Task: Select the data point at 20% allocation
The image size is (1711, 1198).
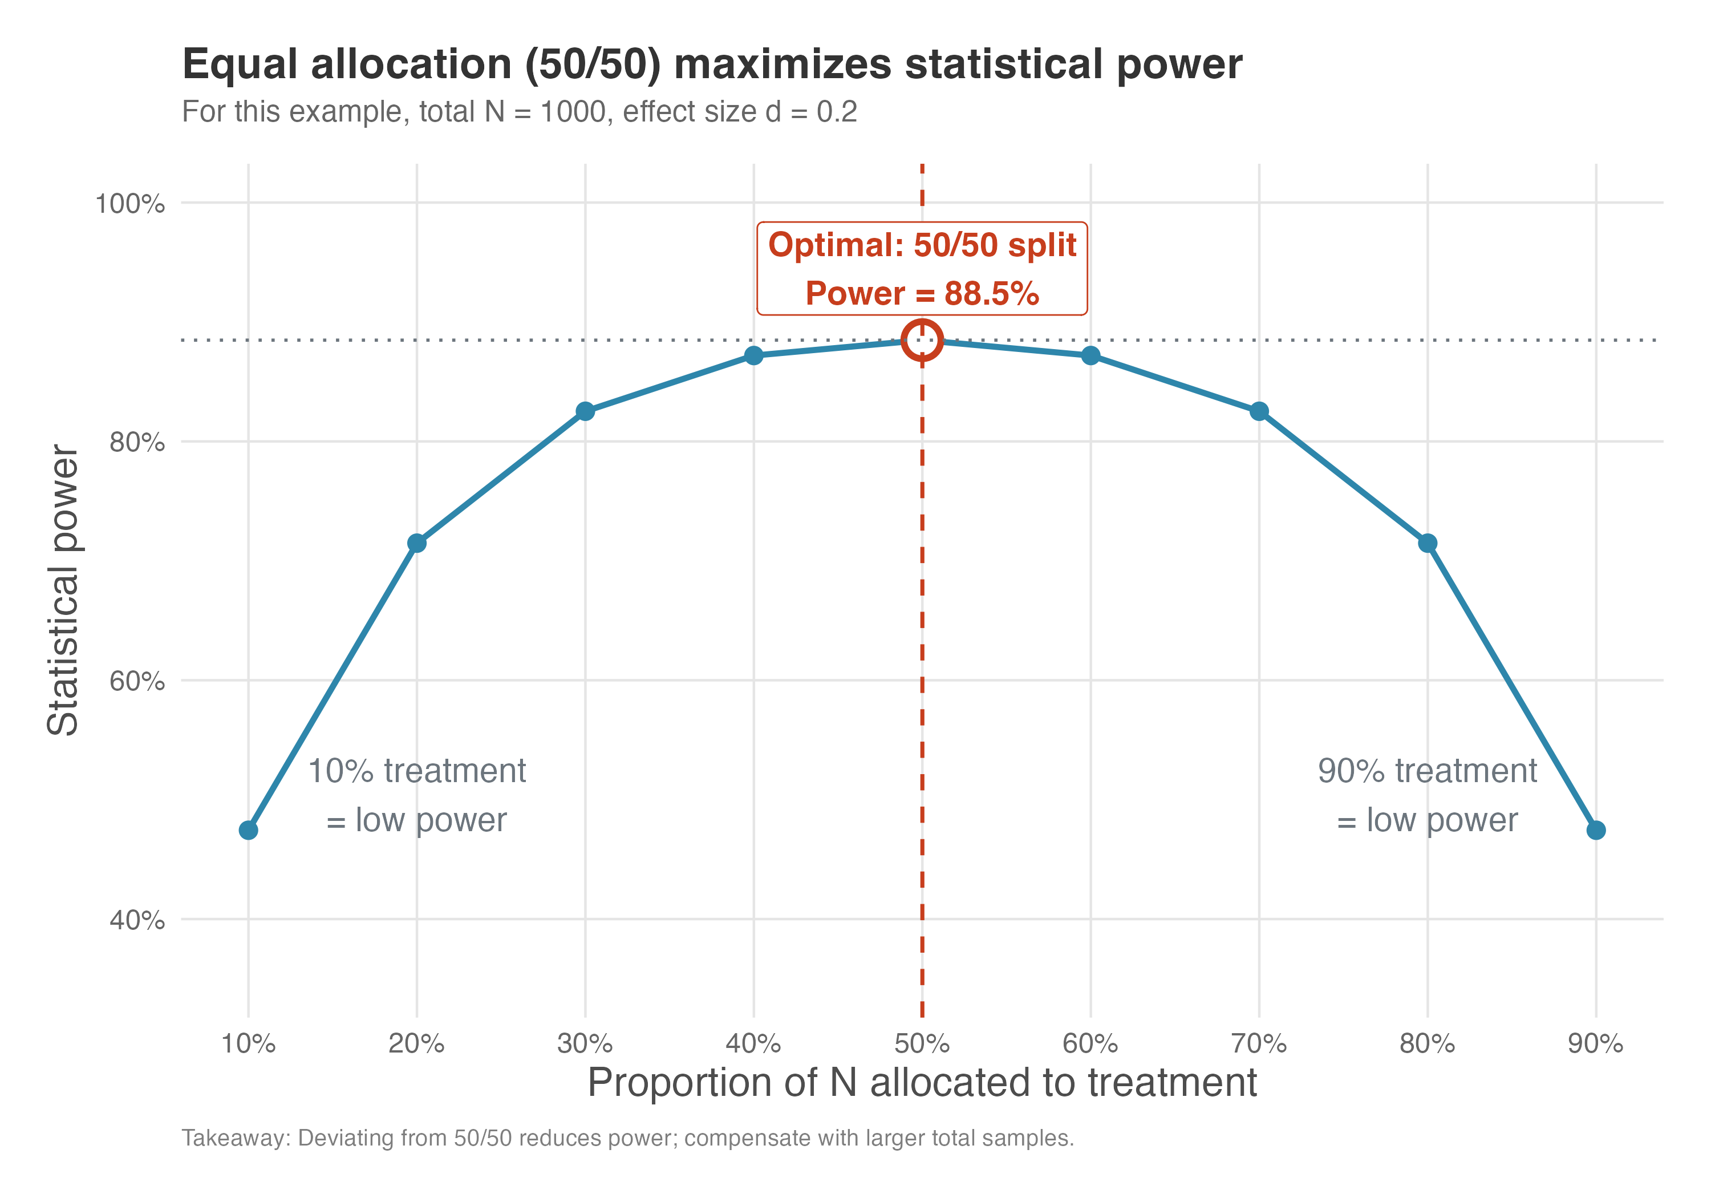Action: [416, 544]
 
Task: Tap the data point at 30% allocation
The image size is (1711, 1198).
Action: [585, 411]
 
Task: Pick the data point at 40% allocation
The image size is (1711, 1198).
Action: [753, 355]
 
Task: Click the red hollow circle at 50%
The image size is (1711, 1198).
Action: [922, 341]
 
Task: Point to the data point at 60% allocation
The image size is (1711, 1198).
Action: [1090, 355]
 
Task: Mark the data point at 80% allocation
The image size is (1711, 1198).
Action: [1427, 544]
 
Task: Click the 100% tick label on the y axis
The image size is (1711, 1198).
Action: [129, 204]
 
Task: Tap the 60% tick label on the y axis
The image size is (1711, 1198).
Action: [137, 681]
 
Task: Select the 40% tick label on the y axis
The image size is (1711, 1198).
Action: [137, 920]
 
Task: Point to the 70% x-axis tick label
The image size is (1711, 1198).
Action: [1259, 1043]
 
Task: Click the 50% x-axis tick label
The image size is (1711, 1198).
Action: [922, 1043]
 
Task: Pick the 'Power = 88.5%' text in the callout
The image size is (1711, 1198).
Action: [922, 293]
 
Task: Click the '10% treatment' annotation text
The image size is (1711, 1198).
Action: [416, 771]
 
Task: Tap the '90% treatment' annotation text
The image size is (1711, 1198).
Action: [1427, 771]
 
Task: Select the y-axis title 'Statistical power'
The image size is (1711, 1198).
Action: [63, 590]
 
